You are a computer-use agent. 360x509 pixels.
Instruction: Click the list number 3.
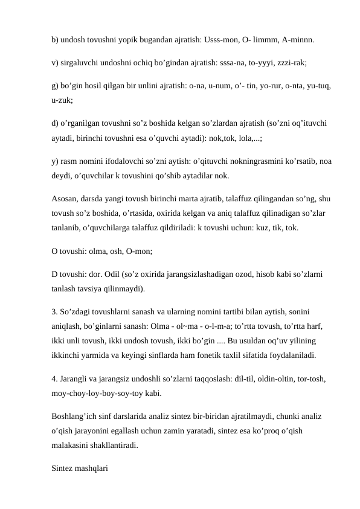tap(54, 311)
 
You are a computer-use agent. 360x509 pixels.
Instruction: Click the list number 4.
tap(54, 378)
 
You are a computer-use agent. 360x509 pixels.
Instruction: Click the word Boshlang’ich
tap(73, 417)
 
